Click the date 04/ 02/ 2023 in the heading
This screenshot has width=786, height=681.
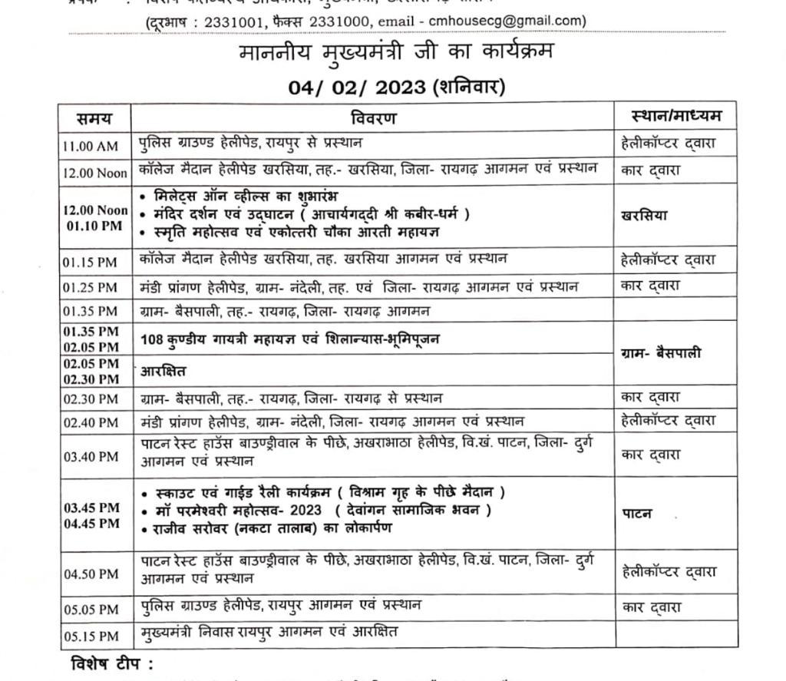click(x=357, y=87)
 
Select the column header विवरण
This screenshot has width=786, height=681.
click(x=374, y=118)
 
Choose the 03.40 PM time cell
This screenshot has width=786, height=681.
click(x=91, y=457)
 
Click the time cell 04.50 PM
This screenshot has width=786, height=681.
click(x=91, y=574)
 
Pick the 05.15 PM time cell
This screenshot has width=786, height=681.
click(x=91, y=636)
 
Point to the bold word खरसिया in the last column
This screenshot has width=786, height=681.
click(x=645, y=215)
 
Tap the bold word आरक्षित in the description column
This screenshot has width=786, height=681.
click(x=164, y=372)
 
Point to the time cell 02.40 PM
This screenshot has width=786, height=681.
click(x=91, y=422)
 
